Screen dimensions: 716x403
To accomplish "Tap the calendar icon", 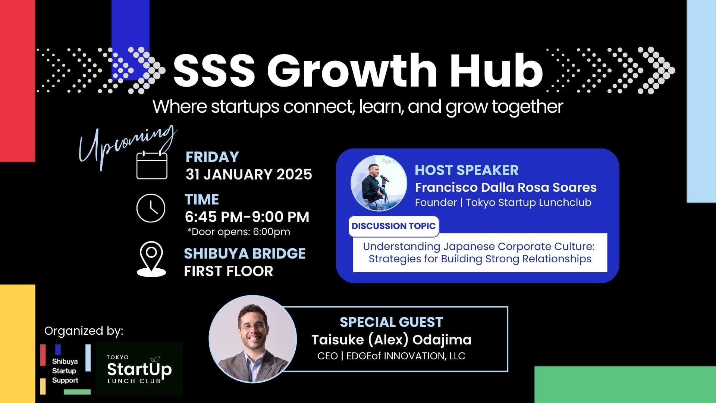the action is pos(152,164).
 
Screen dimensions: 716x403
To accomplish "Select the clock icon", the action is pos(151,208).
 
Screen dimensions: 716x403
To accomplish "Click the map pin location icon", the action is pos(151,259).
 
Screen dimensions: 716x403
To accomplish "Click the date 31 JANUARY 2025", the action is pos(249,174).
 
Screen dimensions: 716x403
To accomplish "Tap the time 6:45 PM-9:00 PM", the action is pos(247,217).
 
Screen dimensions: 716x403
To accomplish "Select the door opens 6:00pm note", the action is pos(239,232).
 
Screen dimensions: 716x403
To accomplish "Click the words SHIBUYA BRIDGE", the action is pos(245,254).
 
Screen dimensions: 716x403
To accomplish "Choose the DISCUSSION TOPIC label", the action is pos(393,226).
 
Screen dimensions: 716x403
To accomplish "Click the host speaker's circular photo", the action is pos(379,183).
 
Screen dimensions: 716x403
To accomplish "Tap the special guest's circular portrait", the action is pos(253,339).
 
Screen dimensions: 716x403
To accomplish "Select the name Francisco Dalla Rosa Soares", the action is pos(506,187).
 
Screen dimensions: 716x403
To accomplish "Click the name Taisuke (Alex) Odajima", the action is pos(392,340).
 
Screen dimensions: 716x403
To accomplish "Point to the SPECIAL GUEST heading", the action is pos(391,322).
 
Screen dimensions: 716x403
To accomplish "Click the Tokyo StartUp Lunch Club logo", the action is pos(139,369).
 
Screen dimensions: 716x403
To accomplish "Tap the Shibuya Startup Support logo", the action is pos(65,369).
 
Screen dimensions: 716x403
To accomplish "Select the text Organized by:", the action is pos(84,331).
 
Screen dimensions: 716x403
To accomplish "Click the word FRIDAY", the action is pos(212,157).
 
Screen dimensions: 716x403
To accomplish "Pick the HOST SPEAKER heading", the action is pos(467,170).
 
